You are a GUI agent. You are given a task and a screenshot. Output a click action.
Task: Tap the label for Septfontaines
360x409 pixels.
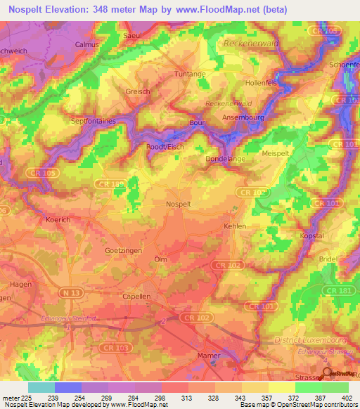click(92, 121)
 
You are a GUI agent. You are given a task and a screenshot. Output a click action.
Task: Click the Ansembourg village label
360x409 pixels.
click(243, 117)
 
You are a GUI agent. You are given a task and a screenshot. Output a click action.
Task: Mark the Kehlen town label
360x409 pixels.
click(234, 226)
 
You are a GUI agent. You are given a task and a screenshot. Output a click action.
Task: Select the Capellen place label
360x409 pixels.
click(136, 297)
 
